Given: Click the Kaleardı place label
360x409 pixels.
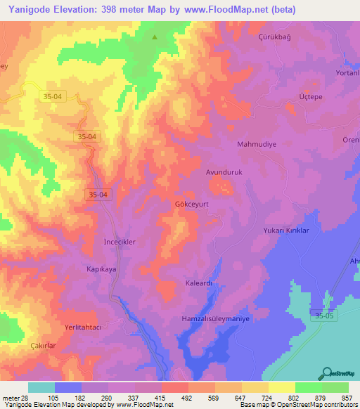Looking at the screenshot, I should point(199,283).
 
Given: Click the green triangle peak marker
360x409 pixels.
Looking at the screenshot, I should point(155,37).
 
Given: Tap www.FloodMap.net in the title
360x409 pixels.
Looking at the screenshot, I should point(226,10).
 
